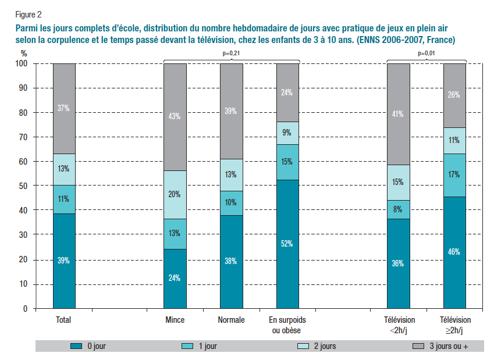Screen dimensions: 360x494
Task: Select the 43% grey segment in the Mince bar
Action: pos(175,117)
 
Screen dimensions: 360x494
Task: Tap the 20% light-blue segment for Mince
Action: pos(175,195)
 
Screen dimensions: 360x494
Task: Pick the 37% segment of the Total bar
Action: pos(64,108)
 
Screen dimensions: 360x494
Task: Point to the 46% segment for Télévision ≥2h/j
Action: pos(454,252)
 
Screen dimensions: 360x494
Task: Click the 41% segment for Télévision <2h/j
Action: pos(398,114)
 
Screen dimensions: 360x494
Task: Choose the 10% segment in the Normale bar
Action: pos(231,203)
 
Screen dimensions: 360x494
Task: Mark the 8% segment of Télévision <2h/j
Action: pos(398,209)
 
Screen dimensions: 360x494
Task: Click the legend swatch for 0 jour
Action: pos(76,346)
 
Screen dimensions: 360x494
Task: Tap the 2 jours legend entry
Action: pos(324,346)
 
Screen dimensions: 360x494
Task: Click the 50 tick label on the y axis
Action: pos(23,186)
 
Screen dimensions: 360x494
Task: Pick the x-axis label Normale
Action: pos(231,320)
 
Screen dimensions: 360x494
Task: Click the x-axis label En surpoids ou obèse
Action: pos(287,325)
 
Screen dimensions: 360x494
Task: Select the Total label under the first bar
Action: pos(63,320)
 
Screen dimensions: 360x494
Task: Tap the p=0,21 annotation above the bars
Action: pos(232,54)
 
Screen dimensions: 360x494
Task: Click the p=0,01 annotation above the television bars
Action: pos(427,54)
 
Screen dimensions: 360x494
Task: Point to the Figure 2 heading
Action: pos(29,13)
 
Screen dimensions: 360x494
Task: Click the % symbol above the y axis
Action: pos(24,52)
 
